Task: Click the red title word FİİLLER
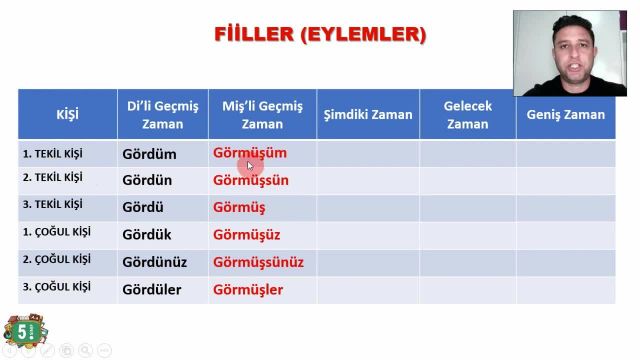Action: (x=254, y=34)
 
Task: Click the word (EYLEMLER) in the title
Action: (x=363, y=34)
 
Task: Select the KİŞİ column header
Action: (x=67, y=114)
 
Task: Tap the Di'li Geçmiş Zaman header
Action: (x=163, y=114)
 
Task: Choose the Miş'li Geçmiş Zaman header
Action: (x=262, y=114)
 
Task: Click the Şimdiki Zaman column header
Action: (x=368, y=114)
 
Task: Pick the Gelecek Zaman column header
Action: (x=467, y=114)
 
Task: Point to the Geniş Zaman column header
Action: (x=566, y=114)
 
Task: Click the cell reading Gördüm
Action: (x=149, y=154)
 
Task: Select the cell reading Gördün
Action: (x=147, y=181)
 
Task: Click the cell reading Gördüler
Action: (x=152, y=290)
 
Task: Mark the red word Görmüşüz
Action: (x=246, y=235)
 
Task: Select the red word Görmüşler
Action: (x=248, y=290)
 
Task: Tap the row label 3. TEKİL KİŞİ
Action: (x=52, y=204)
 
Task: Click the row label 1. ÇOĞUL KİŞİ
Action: (x=56, y=232)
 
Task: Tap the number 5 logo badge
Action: (x=17, y=331)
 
